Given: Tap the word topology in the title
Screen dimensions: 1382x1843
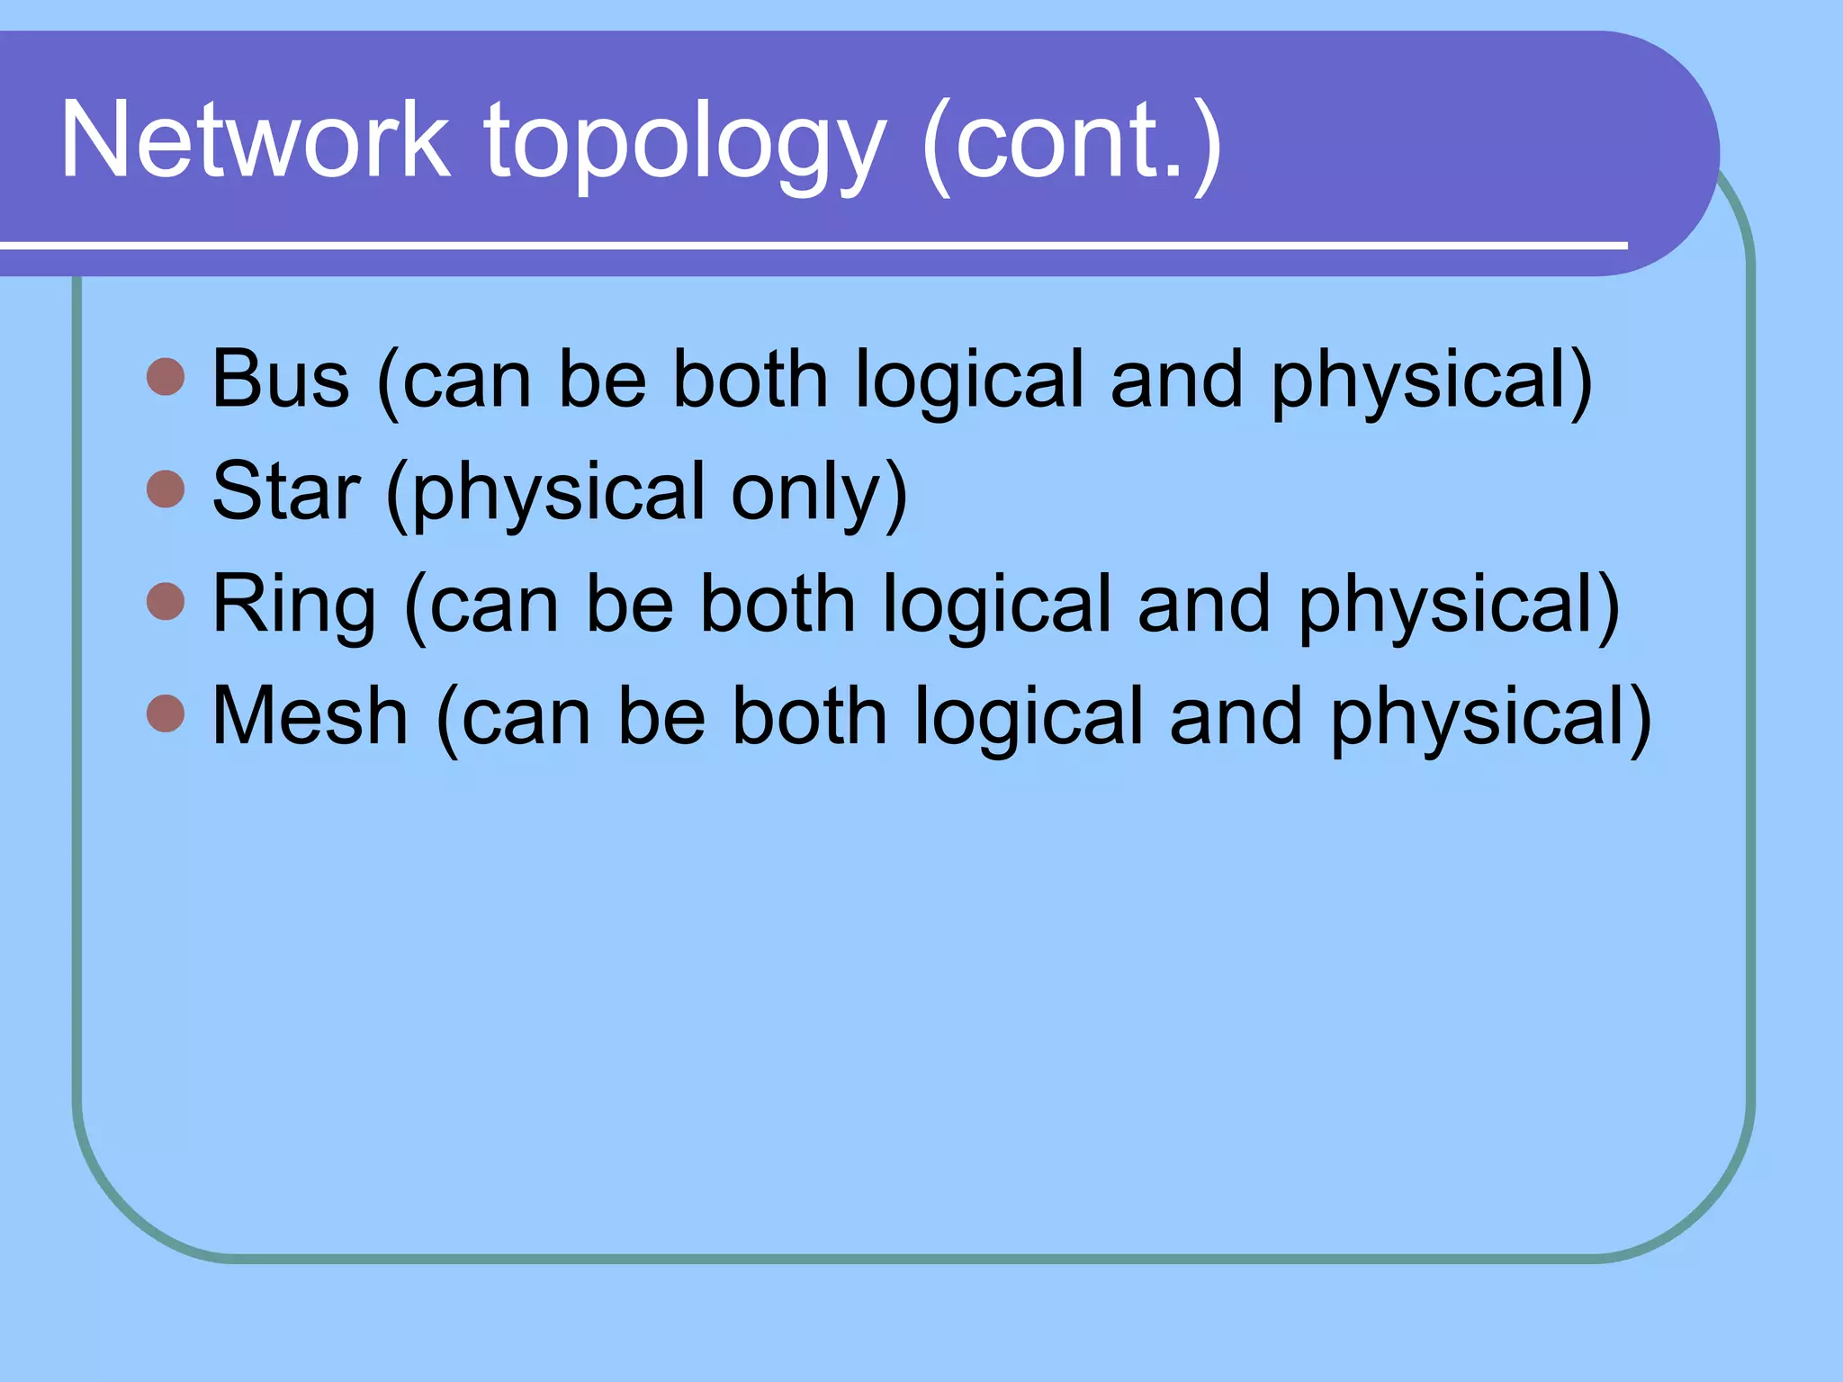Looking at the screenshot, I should tap(685, 144).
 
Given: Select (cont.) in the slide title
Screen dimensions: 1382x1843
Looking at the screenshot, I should tap(1072, 144).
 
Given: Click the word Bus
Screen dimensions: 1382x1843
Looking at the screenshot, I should tap(280, 380).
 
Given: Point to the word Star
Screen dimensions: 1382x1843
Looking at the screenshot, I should tap(286, 491).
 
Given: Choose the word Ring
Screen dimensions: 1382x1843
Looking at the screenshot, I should tap(294, 605).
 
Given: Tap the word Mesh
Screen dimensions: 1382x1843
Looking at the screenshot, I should tap(310, 716).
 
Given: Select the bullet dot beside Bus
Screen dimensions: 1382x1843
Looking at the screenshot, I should tap(166, 377).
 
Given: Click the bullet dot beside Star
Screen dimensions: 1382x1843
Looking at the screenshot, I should tap(166, 489).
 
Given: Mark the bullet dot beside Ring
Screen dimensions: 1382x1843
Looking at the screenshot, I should tap(166, 601).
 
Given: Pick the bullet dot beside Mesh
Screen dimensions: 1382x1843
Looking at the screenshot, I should tap(166, 713).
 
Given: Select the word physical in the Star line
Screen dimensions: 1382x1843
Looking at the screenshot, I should tap(558, 493).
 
